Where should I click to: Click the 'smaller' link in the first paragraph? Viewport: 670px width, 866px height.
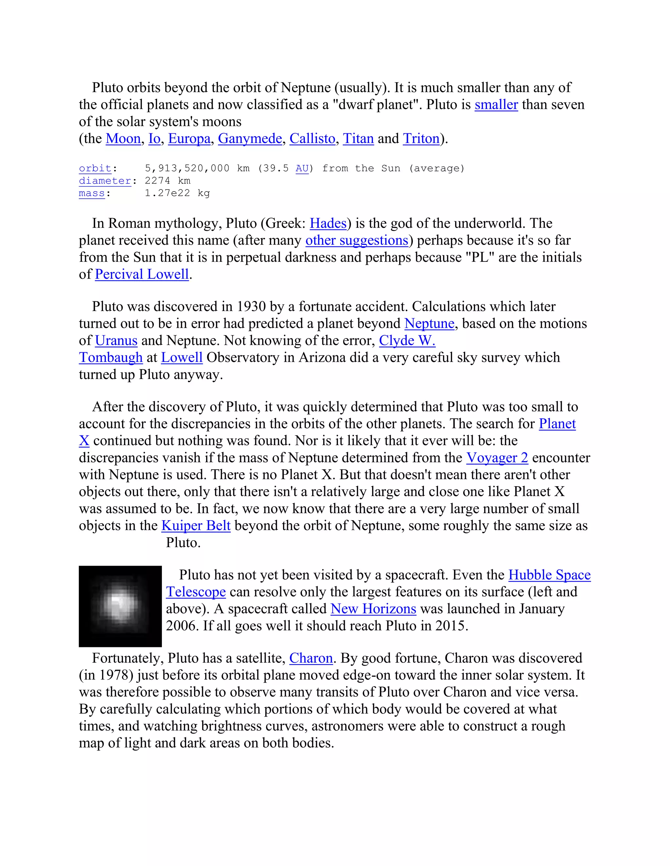pos(496,105)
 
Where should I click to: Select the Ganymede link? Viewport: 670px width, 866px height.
pos(250,139)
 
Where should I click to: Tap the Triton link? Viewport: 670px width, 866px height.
pos(421,139)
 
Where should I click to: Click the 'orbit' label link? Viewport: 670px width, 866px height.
pos(95,169)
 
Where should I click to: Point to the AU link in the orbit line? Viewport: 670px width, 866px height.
pos(302,169)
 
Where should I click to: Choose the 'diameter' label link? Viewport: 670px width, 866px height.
pos(105,181)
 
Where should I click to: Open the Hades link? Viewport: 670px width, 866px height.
pos(328,224)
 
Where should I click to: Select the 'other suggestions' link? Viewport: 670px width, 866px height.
pos(357,241)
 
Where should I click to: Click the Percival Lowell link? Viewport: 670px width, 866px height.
pos(142,275)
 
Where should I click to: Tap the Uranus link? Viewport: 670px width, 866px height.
pos(116,341)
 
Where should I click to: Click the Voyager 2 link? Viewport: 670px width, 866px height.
pos(497,458)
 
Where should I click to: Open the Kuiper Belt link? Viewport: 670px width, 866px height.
pos(196,526)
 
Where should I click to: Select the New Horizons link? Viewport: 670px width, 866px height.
pos(373,609)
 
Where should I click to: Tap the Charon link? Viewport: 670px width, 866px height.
pos(311,658)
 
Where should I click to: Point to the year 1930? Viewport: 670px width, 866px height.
pos(251,307)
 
